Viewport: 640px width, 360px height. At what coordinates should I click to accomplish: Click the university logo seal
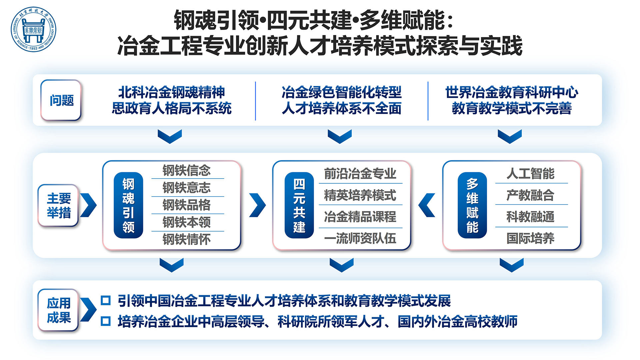[33, 30]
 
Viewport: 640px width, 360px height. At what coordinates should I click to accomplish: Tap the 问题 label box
[61, 100]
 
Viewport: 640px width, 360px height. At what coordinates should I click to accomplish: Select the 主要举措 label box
[59, 205]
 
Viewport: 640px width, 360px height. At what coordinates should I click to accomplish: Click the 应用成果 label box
[59, 310]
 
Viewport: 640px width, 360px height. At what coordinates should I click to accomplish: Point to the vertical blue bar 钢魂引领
[128, 205]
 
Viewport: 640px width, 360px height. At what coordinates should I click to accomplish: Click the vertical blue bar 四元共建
[299, 205]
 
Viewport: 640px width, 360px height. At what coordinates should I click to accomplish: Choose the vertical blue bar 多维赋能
[472, 205]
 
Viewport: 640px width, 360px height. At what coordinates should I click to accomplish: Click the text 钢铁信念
[187, 170]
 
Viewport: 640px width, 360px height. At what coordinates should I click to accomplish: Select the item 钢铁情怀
[187, 239]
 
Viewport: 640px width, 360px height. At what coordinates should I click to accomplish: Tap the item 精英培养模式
[360, 195]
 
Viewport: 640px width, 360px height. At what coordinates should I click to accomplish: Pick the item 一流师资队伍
[360, 238]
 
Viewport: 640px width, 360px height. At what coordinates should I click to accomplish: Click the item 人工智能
[530, 174]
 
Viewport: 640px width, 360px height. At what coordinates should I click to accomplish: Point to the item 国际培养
[530, 238]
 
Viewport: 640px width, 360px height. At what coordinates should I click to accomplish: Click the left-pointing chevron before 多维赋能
[427, 205]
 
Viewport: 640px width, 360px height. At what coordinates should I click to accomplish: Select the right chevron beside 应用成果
[88, 310]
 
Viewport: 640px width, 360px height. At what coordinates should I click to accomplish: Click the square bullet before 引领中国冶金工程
[106, 300]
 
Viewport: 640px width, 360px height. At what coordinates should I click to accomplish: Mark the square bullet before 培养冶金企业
[106, 321]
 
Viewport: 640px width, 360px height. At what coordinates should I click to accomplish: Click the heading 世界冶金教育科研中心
[512, 92]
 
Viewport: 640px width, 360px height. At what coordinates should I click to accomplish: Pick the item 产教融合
[530, 195]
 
